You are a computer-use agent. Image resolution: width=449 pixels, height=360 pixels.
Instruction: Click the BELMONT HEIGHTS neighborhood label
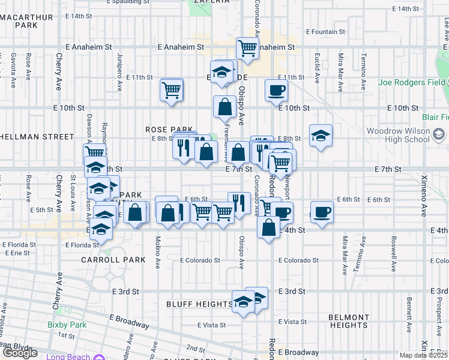349,321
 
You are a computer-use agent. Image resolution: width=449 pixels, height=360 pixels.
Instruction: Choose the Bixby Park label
67,325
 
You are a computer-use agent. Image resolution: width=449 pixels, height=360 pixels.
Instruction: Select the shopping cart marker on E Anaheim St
247,48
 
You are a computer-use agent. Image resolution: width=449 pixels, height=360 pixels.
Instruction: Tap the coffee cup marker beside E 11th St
276,90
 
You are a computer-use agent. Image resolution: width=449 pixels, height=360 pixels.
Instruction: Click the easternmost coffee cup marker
322,212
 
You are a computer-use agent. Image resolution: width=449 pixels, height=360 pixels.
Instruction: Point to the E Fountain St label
326,31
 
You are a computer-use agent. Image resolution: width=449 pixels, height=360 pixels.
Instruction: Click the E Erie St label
17,253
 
